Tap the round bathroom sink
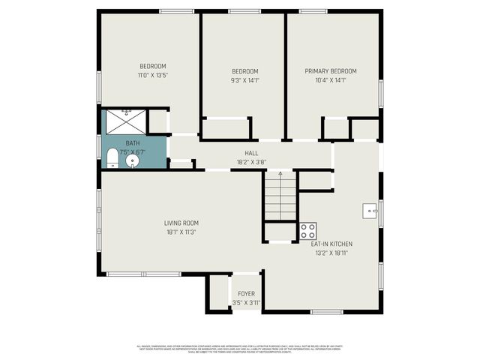click(x=134, y=160)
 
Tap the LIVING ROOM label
click(x=181, y=223)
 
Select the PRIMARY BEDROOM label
click(x=330, y=71)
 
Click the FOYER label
click(x=246, y=293)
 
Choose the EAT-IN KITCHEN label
click(x=331, y=244)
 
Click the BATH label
click(x=132, y=143)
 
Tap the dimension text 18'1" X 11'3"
click(x=181, y=232)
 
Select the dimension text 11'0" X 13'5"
click(x=152, y=75)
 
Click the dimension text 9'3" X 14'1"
click(x=244, y=80)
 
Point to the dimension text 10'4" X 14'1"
click(x=330, y=80)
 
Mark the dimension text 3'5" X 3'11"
click(x=246, y=302)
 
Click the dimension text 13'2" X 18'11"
click(x=331, y=253)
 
